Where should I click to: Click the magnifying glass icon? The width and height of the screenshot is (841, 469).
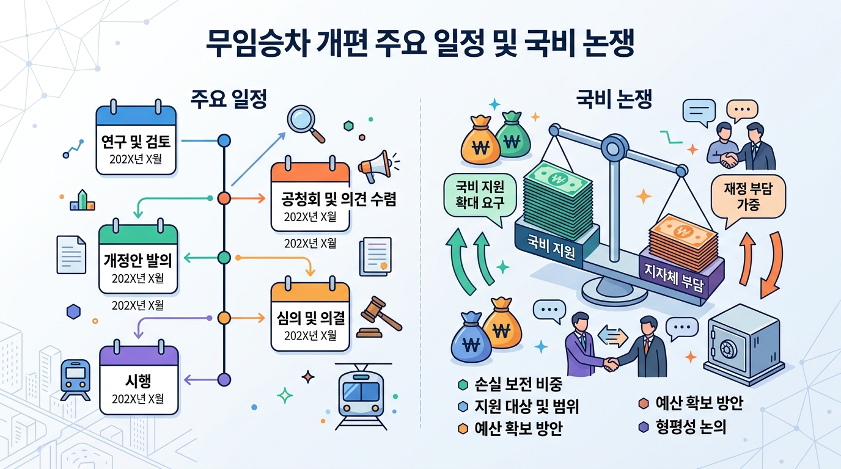pos(305,124)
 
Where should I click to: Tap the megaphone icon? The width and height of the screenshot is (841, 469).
pos(377,166)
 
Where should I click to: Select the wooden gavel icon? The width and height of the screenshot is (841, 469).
pos(379,318)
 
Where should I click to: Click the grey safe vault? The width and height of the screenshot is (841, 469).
pos(743,344)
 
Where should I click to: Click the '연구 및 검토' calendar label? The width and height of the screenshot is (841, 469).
pos(136,142)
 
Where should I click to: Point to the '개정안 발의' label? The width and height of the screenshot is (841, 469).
pos(138,260)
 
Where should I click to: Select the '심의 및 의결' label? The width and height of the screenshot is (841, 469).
pos(310,318)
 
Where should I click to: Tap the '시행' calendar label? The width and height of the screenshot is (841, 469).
pos(138,381)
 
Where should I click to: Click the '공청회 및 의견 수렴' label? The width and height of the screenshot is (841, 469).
pos(339,199)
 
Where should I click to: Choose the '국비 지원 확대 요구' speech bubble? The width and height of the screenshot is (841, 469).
pos(480,197)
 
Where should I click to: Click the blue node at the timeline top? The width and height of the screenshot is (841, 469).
pos(224,140)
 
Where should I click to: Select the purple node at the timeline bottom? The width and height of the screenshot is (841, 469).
pos(224,380)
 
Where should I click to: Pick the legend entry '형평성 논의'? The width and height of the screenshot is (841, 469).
pos(682,427)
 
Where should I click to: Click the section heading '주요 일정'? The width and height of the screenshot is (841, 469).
pos(229,99)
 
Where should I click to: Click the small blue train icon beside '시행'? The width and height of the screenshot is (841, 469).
pos(75,380)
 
